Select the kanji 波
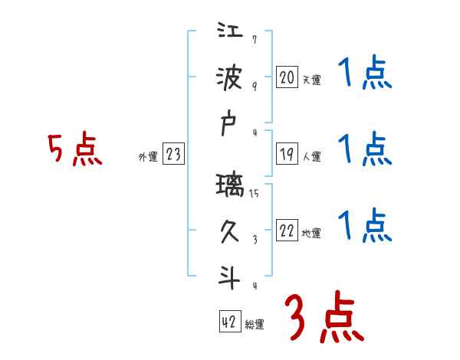231,78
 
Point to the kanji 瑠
231,188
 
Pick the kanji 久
231,230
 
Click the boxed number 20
286,77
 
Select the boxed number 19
286,154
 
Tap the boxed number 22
286,231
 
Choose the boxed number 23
173,155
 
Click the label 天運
311,79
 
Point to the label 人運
311,156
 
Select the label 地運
311,233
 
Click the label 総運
255,324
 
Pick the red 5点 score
75,150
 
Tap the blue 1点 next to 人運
364,149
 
